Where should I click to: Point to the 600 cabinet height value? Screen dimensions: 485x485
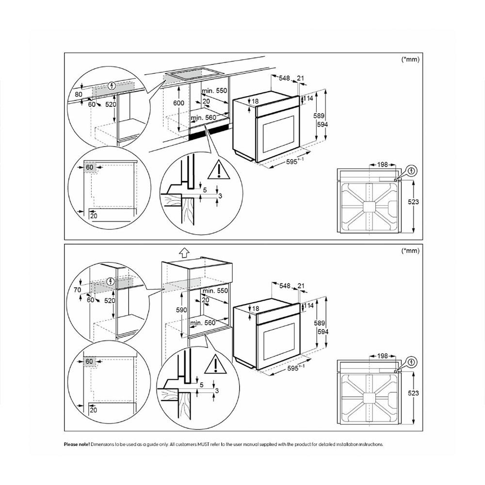[x=179, y=103]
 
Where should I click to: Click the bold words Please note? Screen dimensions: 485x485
[x=77, y=444]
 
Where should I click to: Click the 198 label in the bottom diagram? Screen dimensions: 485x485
[x=383, y=356]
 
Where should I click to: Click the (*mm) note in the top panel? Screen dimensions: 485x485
[x=410, y=60]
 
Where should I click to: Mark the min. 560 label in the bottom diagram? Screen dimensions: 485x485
[x=203, y=323]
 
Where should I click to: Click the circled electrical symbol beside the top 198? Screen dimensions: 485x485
[x=411, y=170]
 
